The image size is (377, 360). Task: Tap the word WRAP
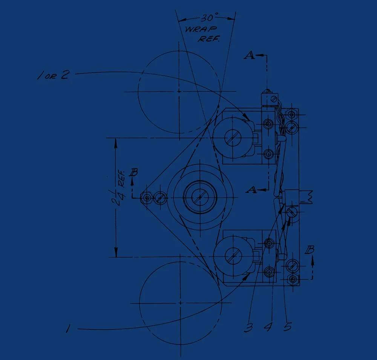(201, 29)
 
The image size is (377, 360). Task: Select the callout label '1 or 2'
(54, 75)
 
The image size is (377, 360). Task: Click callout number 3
(248, 327)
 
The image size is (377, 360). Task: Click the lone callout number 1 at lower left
(68, 328)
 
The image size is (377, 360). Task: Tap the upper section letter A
(250, 55)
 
